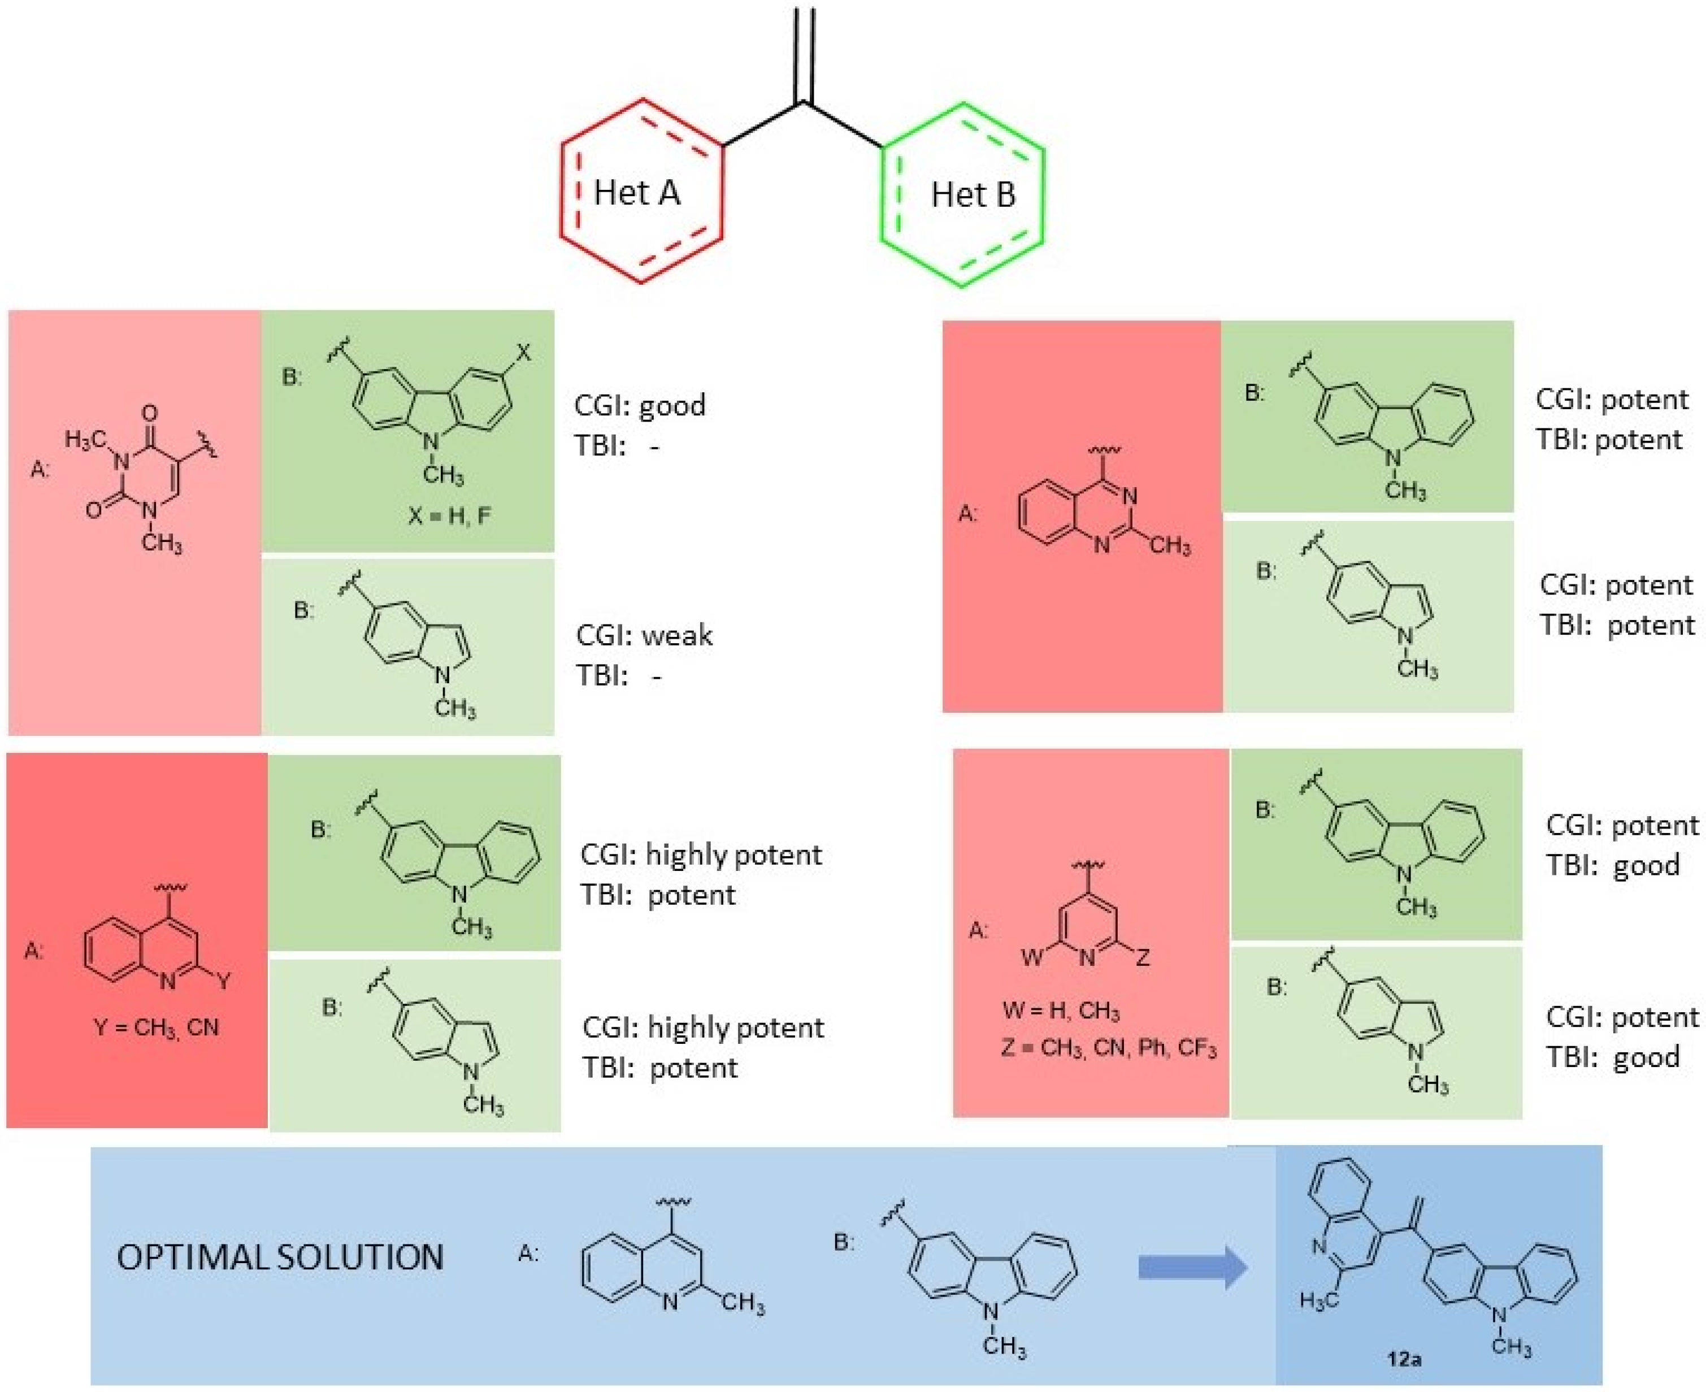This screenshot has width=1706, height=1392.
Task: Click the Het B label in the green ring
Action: [x=973, y=195]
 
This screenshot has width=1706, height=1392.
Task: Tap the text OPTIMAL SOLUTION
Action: [x=280, y=1256]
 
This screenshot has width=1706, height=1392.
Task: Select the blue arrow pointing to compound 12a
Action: [x=1193, y=1268]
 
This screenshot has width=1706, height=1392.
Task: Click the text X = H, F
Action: [x=449, y=515]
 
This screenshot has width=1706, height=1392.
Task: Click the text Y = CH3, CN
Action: [x=157, y=1027]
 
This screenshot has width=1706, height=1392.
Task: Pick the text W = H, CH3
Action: [x=1061, y=1011]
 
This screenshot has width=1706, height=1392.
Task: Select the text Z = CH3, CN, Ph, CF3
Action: [x=1109, y=1048]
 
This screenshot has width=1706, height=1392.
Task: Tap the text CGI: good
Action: [x=640, y=405]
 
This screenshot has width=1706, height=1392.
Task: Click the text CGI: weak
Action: [x=644, y=635]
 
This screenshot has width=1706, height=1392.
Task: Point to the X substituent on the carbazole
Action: [x=523, y=352]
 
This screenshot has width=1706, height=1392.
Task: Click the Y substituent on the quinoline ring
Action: [x=224, y=980]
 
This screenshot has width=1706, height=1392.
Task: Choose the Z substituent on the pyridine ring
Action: [x=1143, y=957]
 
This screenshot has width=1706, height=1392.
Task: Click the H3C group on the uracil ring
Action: [x=86, y=439]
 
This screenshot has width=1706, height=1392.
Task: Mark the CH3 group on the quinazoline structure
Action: [x=1170, y=546]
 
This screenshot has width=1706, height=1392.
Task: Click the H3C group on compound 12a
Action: [x=1319, y=1321]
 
